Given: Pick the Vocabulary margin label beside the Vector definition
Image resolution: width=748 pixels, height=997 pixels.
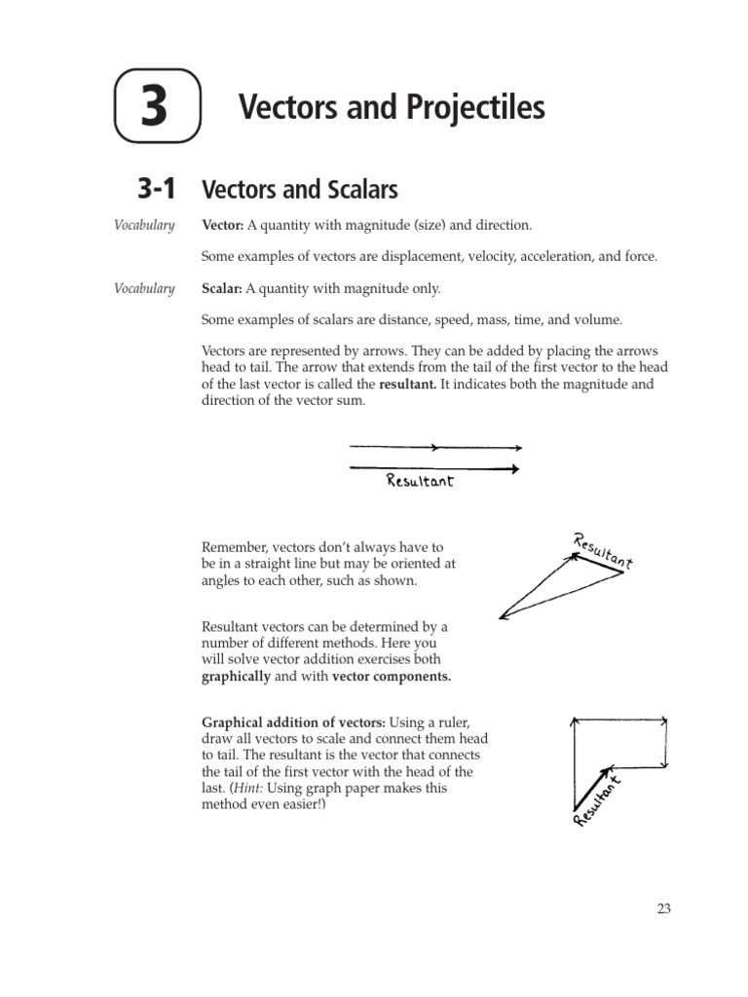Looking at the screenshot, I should (x=144, y=226).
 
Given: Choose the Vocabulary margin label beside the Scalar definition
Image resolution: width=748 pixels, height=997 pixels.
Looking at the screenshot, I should (x=144, y=288).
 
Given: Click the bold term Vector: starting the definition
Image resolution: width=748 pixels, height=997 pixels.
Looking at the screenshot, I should (x=222, y=226).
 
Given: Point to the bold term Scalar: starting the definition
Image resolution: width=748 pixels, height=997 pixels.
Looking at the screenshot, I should (x=221, y=288).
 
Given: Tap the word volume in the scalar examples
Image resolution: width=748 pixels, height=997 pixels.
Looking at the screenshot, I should (x=600, y=319).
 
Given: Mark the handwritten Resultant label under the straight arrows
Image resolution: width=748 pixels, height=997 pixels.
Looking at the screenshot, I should (x=420, y=481).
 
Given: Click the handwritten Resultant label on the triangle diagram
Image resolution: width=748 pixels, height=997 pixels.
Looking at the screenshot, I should (x=604, y=551).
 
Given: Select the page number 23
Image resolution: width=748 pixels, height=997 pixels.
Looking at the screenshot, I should (x=663, y=908).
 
